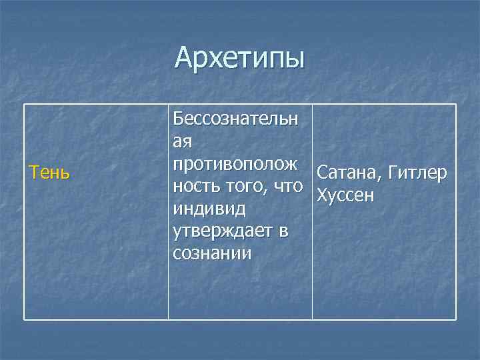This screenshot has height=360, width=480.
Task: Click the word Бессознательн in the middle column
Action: coord(236,119)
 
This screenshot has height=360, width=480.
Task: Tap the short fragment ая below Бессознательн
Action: coord(182,141)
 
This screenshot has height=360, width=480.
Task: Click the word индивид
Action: coord(209,209)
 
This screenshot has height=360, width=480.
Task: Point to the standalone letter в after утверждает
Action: coord(284,231)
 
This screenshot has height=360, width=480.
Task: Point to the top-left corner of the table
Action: coord(25,104)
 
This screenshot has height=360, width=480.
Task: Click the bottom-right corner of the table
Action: coord(456,320)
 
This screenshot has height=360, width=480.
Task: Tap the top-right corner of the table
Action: coord(456,104)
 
